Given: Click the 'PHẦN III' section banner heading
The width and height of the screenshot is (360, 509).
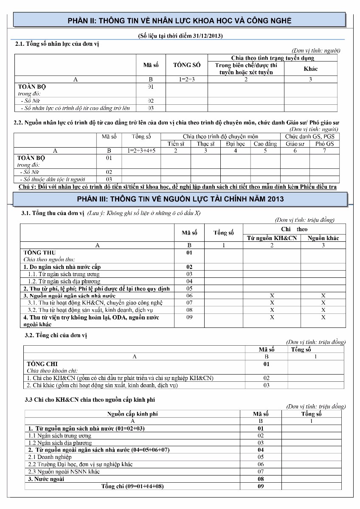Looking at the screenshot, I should pos(180,199).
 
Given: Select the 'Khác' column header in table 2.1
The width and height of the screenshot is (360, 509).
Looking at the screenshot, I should pos(310,68).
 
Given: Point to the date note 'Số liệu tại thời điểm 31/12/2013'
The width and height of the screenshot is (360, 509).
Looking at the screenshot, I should pos(180,36).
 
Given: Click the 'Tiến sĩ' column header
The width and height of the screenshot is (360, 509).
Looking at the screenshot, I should pos(175,144).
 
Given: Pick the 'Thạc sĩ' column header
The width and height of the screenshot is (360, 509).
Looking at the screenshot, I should pos(205,144).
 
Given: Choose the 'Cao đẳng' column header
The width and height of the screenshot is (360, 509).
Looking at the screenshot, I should pos(265,144).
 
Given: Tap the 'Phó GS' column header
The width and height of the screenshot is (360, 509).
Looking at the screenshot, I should pos(324,144).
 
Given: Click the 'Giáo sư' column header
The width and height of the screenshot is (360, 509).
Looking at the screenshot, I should pos(295,144).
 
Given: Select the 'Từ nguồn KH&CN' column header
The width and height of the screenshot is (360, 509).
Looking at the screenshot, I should pos(272,238).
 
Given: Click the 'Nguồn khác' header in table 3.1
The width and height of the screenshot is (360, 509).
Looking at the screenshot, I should pos(323,238).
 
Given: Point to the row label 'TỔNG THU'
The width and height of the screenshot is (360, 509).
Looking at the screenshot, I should pos(39,252).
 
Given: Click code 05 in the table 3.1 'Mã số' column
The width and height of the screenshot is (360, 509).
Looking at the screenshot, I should pos(189,288).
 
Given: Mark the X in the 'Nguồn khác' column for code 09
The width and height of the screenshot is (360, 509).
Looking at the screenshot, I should pos(323,317).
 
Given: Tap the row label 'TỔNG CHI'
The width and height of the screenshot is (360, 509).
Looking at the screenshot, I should pos(42,364).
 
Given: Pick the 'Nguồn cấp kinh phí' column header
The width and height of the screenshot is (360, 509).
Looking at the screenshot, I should pos(132,414).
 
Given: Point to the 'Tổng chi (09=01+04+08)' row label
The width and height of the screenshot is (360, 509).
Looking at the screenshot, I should pos(132,486).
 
